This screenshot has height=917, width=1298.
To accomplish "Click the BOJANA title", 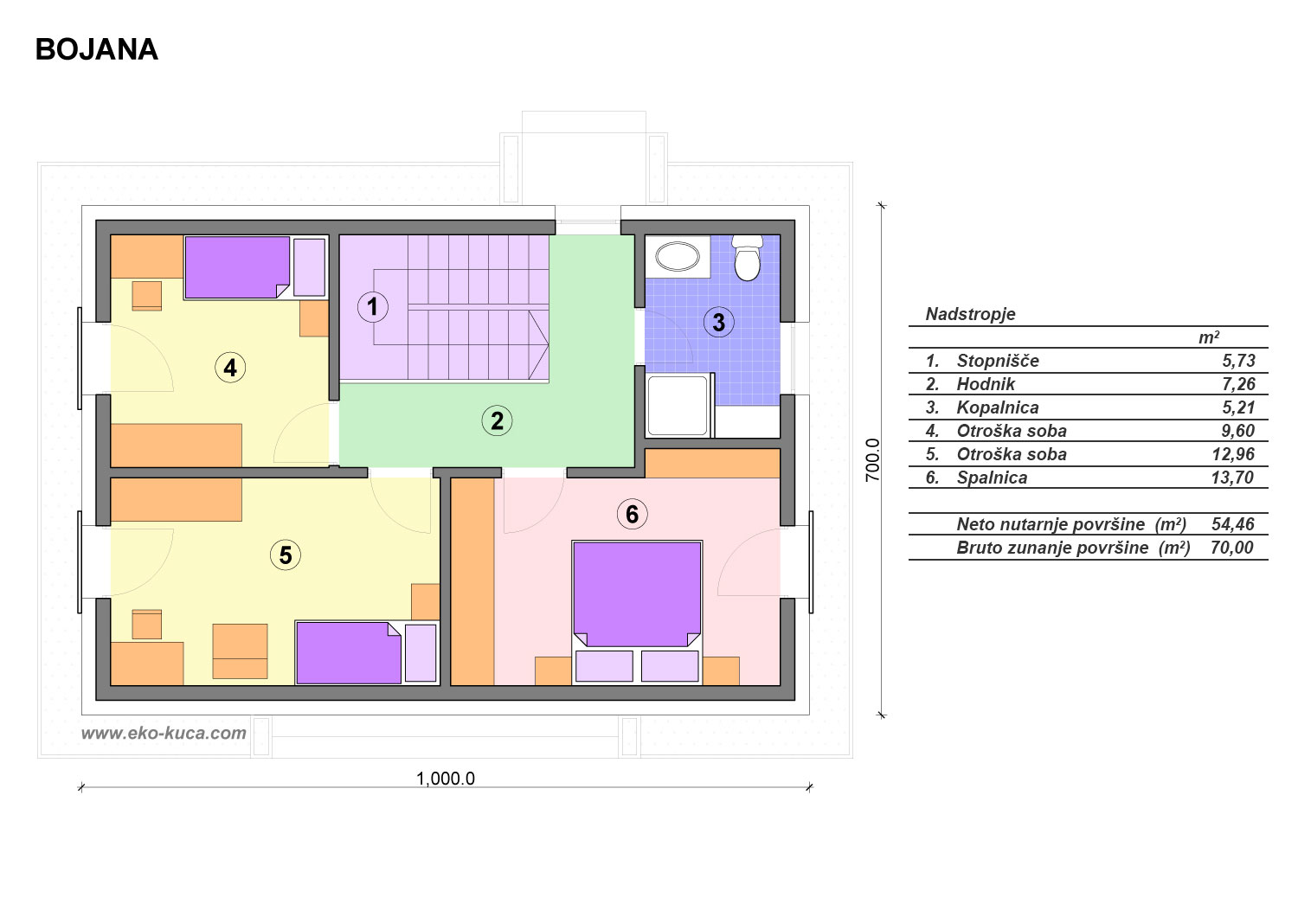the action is point(97,50).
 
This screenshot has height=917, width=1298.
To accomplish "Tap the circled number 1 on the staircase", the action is point(372,306).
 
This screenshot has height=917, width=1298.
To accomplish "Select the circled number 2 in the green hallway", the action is point(497,420).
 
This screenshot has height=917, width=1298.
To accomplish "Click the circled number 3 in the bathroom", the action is point(718,322).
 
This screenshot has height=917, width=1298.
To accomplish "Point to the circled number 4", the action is point(230,368).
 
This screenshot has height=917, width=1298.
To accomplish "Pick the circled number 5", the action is point(285,555).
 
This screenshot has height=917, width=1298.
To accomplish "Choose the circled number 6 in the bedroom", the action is point(632,514).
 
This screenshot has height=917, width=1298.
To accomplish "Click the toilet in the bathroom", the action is point(747,258).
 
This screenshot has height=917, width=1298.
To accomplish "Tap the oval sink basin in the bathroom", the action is point(677,256).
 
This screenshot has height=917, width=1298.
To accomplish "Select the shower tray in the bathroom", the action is point(678,405).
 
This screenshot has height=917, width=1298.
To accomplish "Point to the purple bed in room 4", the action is point(237,267).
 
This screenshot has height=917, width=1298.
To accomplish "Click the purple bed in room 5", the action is point(348,653).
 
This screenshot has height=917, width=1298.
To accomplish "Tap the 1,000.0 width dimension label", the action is point(446,779).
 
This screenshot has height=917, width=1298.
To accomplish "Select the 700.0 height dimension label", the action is point(872,460).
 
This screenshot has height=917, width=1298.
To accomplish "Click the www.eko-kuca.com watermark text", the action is point(164,734).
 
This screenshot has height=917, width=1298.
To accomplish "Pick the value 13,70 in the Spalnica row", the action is point(1232,478).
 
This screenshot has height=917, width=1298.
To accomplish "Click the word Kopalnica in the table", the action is point(997,407).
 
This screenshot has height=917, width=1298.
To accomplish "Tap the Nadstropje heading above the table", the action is point(970,315).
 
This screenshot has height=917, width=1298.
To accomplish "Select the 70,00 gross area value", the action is point(1232,548).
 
